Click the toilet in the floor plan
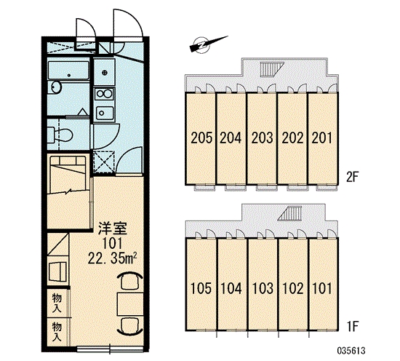(60, 135)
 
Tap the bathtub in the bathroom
(68, 70)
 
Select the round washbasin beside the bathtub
(55, 87)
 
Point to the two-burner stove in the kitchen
(104, 94)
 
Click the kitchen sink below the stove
(104, 113)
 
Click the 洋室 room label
(113, 229)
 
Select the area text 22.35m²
(112, 259)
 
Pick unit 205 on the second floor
(201, 138)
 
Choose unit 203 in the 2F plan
(262, 138)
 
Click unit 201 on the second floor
(322, 138)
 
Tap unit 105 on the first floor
(201, 288)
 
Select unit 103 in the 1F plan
(263, 288)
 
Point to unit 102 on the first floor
(293, 288)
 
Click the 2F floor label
(352, 177)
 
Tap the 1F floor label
(353, 327)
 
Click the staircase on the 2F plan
(272, 69)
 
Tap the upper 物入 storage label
(57, 303)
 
